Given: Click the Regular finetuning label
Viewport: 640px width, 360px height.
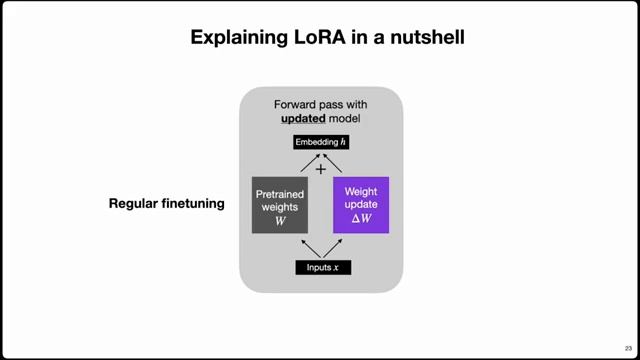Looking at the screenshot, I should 166,204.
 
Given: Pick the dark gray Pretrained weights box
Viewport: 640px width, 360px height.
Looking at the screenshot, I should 280,205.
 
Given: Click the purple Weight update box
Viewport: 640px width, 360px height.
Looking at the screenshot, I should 360,205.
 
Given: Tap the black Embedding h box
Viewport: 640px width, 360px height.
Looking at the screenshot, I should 321,142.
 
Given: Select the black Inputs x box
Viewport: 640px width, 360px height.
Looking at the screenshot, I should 322,267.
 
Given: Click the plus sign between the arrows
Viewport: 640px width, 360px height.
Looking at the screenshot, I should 321,169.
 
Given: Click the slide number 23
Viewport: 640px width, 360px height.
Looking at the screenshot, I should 628,347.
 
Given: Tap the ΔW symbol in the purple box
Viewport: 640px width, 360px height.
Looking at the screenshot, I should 360,219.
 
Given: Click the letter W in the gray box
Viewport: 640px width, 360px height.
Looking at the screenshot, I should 280,220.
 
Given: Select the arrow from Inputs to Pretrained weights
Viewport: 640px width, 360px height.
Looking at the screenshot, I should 304,247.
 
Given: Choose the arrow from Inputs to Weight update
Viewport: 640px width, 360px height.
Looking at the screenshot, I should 340,247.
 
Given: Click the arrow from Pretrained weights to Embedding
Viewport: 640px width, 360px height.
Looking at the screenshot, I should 303,163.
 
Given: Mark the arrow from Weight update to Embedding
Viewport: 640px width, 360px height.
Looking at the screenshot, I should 340,163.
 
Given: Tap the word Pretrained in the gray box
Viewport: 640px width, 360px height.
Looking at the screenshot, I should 280,192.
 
